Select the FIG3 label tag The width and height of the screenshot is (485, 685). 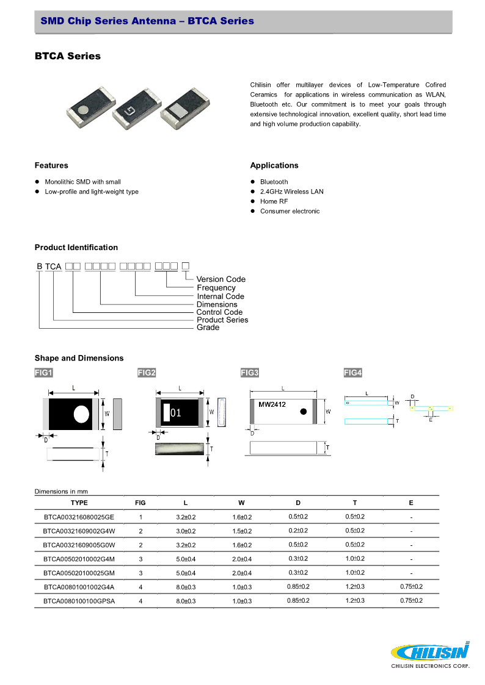[250, 373]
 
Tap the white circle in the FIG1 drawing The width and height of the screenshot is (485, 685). [81, 414]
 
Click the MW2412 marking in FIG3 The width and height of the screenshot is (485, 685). [272, 404]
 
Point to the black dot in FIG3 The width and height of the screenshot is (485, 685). [303, 412]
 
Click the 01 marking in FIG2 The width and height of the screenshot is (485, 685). [176, 413]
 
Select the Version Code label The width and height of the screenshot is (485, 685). [221, 279]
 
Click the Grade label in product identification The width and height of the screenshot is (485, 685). [208, 328]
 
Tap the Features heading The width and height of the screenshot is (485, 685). [51, 165]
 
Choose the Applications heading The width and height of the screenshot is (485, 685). [274, 165]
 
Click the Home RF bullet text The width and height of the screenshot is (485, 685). [274, 201]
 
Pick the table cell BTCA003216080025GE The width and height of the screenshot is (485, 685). [79, 517]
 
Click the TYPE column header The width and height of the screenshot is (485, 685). [79, 503]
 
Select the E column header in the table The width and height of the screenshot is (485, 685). [411, 503]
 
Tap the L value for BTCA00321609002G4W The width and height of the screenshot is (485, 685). [186, 531]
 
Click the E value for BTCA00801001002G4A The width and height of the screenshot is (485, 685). [411, 587]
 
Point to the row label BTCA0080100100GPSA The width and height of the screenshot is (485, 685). [79, 601]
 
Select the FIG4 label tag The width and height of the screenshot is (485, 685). [353, 373]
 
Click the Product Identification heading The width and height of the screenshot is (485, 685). [76, 247]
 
